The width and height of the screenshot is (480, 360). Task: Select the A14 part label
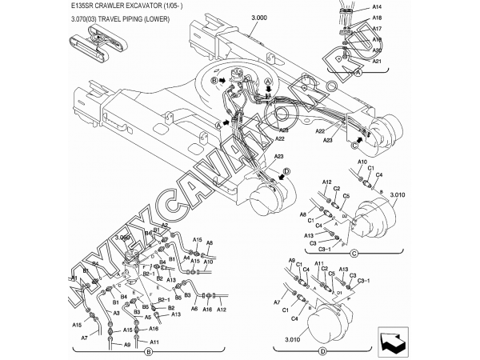(378, 6)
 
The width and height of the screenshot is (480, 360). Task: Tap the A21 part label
(378, 61)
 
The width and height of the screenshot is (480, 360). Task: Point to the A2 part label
(165, 226)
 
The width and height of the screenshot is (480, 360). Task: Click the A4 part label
(186, 258)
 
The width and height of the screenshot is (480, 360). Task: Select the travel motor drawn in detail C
(377, 214)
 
